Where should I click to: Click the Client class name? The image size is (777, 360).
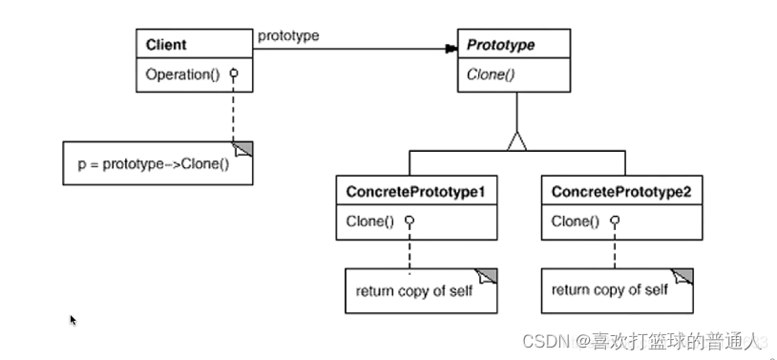(x=166, y=45)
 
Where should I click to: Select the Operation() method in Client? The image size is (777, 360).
(x=182, y=74)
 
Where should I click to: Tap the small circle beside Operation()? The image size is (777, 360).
(x=234, y=74)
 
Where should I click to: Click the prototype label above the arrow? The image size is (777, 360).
(x=288, y=35)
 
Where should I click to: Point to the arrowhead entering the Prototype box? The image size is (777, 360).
(x=451, y=49)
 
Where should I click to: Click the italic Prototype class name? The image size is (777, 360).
(x=501, y=45)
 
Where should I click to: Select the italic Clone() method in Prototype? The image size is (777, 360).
(x=491, y=74)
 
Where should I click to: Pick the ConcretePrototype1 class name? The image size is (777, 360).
(x=415, y=192)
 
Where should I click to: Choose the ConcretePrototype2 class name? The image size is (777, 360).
(x=620, y=192)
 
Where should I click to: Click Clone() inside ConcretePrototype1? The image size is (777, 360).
(x=369, y=222)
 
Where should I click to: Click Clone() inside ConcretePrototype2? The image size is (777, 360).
(x=575, y=222)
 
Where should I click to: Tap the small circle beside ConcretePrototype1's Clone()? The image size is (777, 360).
(x=409, y=221)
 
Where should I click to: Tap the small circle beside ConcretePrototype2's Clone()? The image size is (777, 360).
(x=615, y=221)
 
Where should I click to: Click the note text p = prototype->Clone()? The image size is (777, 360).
(x=154, y=164)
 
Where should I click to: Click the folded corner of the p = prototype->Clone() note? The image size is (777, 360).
(x=242, y=149)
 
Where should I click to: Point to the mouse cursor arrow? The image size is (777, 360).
(x=73, y=320)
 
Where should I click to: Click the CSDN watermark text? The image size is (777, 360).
(x=640, y=341)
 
